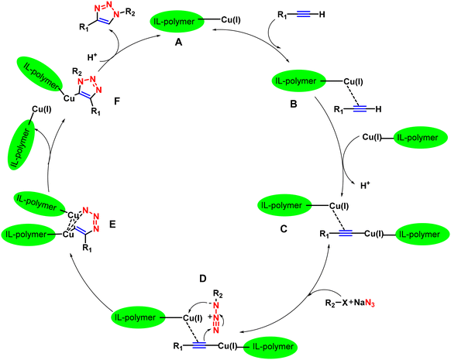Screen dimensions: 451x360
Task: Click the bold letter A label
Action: click(178, 43)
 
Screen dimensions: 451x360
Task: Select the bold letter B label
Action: click(294, 104)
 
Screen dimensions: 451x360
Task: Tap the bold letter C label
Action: click(284, 229)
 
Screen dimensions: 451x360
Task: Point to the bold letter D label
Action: click(203, 279)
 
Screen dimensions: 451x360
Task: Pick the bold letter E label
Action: click(112, 224)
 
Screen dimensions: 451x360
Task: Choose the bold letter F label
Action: click(117, 101)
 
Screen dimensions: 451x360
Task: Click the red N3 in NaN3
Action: click(370, 303)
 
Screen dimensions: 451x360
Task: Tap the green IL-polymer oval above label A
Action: click(177, 21)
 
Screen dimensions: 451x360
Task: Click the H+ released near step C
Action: click(365, 186)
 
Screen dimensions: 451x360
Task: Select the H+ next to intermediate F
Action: click(92, 57)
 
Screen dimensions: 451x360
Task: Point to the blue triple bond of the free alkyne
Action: click(304, 14)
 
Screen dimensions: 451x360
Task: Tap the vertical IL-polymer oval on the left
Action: click(22, 145)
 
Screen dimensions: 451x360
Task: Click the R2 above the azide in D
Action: click(218, 294)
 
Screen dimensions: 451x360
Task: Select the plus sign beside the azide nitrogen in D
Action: click(210, 317)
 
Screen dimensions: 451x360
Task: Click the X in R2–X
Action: click(345, 303)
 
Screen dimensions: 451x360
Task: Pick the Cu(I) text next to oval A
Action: click(231, 20)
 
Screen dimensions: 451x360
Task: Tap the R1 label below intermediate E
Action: click(87, 248)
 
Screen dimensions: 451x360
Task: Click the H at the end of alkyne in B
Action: click(378, 109)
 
